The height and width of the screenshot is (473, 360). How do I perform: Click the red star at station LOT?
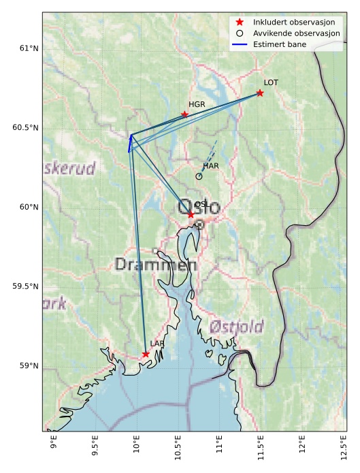click(x=260, y=93)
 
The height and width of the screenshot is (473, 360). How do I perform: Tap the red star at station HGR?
click(x=184, y=114)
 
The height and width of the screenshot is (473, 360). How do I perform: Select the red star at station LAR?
click(x=146, y=354)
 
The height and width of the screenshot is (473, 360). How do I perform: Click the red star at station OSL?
click(x=191, y=214)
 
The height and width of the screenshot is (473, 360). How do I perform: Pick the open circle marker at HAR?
click(x=199, y=176)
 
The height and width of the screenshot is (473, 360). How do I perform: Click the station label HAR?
click(x=211, y=166)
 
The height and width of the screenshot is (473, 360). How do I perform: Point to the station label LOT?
click(x=271, y=82)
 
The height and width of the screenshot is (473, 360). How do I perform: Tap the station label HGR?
click(x=197, y=104)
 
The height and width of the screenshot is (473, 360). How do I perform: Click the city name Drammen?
click(x=156, y=265)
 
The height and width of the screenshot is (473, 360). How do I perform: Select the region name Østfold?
click(x=236, y=327)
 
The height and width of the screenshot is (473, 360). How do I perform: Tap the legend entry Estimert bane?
click(x=279, y=44)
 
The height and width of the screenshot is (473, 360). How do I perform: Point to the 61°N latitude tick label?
click(x=29, y=48)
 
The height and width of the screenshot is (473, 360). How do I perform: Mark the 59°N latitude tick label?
click(x=29, y=366)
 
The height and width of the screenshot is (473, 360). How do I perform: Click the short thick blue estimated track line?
click(x=130, y=143)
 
